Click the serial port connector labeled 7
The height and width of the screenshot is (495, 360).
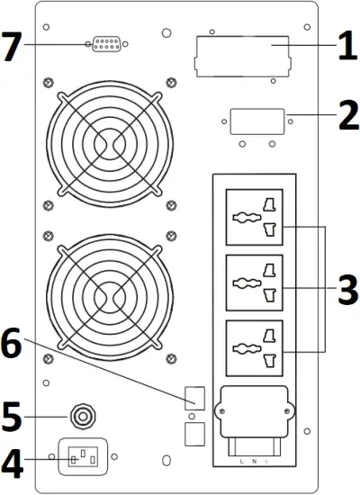click(108, 44)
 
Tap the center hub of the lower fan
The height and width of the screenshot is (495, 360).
click(107, 294)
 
